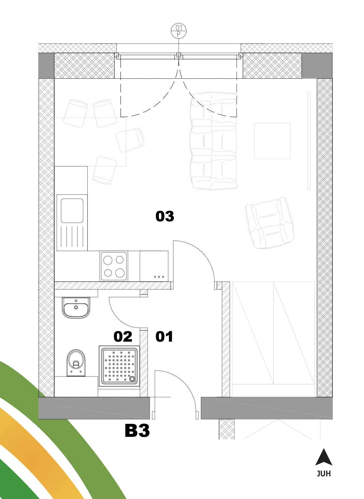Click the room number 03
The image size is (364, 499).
(x=165, y=216)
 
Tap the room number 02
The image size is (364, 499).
(x=123, y=336)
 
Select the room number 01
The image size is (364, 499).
(x=164, y=336)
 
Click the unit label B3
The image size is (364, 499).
(x=137, y=431)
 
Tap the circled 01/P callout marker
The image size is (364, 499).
(x=179, y=31)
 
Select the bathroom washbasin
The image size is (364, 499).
(x=76, y=308)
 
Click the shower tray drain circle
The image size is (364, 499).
(x=132, y=378)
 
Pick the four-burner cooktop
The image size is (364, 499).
(x=114, y=266)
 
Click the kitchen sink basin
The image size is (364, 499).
(x=72, y=211)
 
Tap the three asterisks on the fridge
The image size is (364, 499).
(x=159, y=277)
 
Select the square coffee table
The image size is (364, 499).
(x=272, y=141)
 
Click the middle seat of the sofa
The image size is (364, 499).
(x=213, y=141)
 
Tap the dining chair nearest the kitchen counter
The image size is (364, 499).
(x=104, y=170)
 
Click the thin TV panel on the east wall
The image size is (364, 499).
(x=309, y=141)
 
